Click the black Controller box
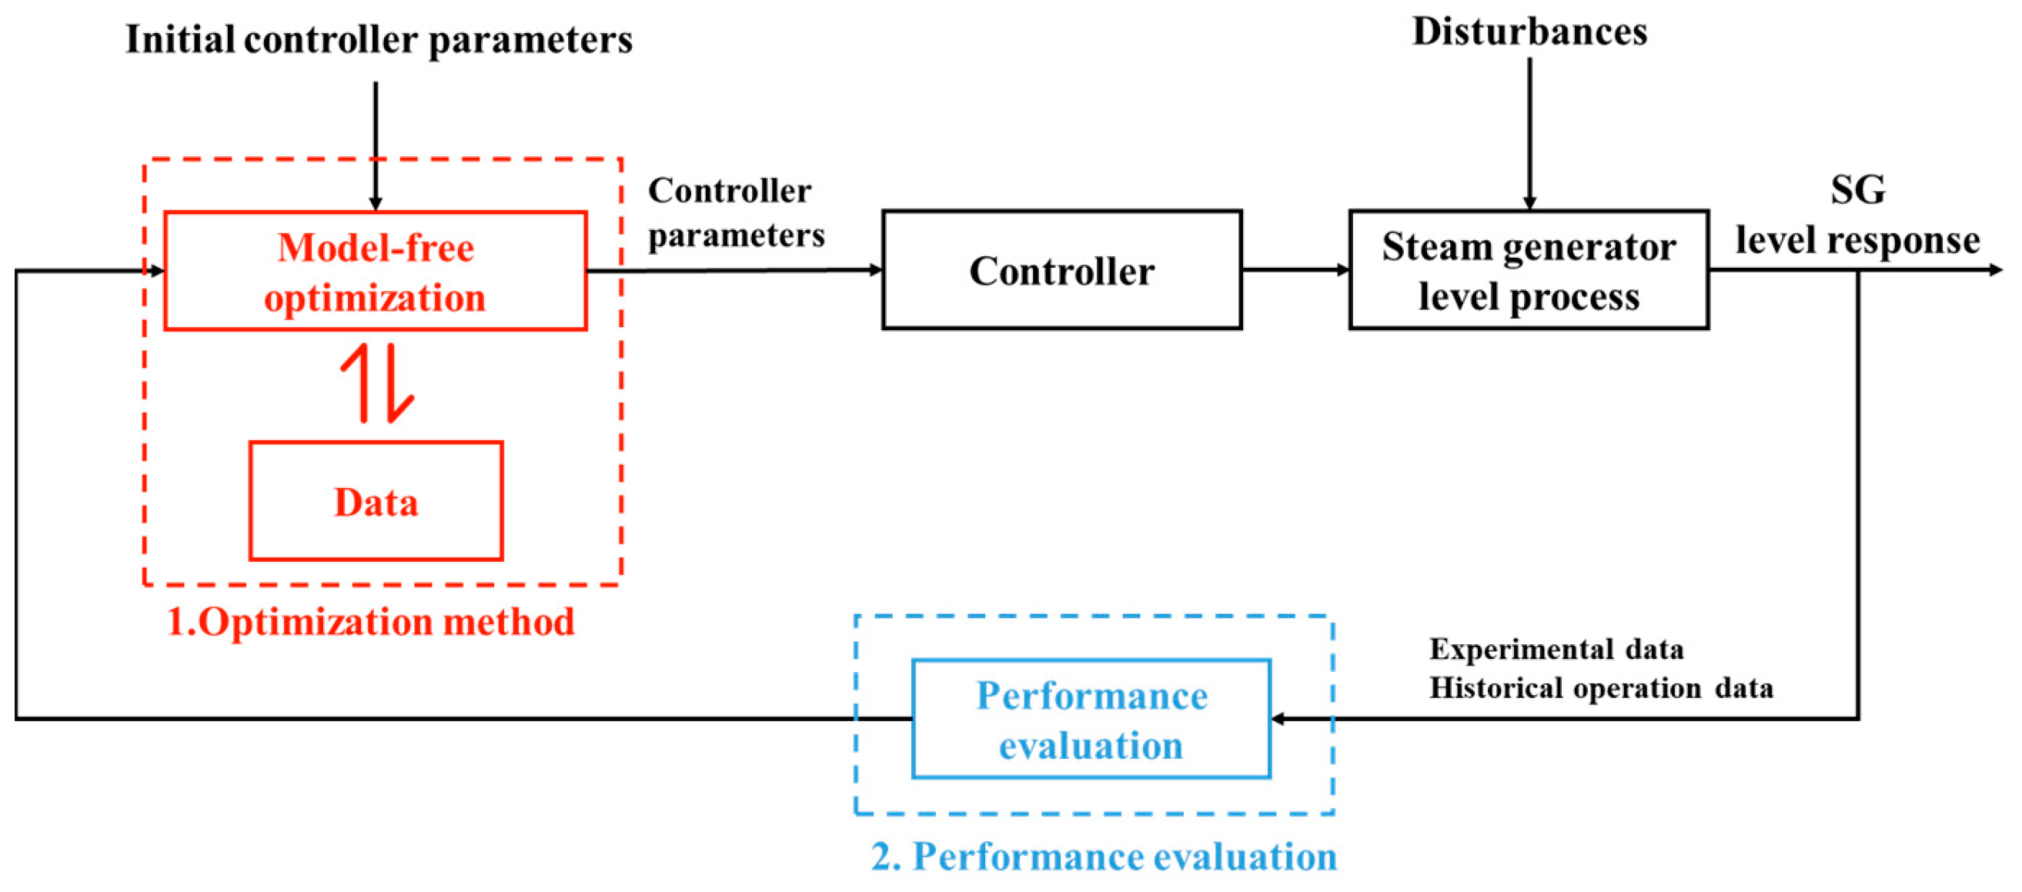tap(1061, 269)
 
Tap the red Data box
tap(375, 501)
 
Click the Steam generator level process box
tap(1528, 269)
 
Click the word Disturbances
tap(1529, 32)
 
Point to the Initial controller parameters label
tap(379, 39)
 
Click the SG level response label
tap(1857, 216)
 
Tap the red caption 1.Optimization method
tap(370, 621)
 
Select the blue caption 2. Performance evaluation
tap(1103, 855)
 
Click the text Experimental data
tap(1555, 649)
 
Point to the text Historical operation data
tap(1599, 687)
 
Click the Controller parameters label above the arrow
tap(735, 212)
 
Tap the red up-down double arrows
tap(377, 383)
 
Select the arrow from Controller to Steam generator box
tap(1295, 269)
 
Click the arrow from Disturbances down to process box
tap(1529, 133)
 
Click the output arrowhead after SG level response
tap(1994, 269)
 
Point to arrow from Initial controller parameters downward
tap(375, 145)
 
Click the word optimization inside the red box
tap(375, 298)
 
